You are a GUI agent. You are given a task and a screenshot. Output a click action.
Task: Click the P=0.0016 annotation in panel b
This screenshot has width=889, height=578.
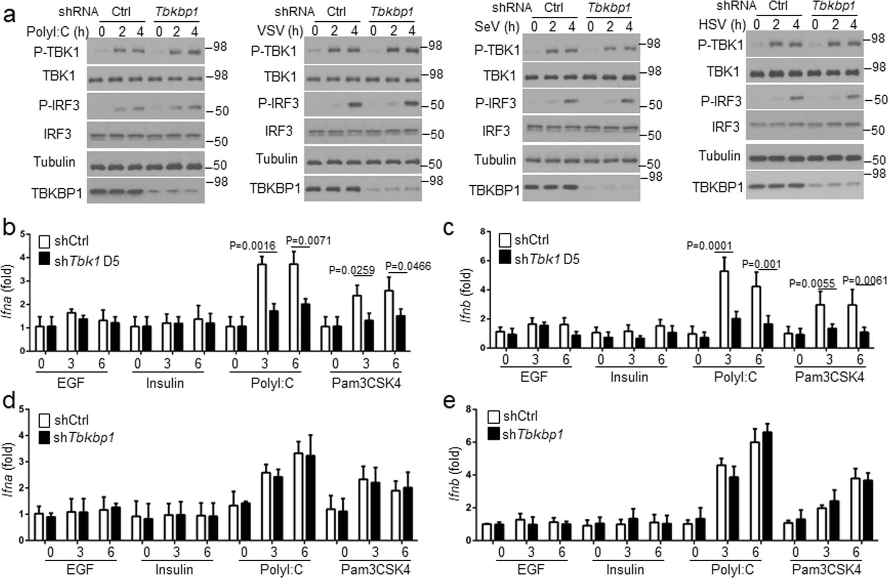[x=253, y=246]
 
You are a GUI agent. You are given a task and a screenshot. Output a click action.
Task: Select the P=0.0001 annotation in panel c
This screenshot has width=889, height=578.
[x=710, y=246]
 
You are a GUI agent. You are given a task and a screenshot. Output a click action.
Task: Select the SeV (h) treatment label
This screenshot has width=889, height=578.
[x=496, y=27]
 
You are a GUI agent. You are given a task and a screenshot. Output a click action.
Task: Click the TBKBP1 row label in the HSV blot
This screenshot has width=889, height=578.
[x=718, y=188]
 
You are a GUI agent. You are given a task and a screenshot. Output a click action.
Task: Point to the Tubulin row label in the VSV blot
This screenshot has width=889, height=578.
[x=277, y=159]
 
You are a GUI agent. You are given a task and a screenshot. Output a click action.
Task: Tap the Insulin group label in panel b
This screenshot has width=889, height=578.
[x=165, y=383]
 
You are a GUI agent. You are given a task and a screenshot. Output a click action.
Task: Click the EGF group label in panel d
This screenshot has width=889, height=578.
[x=80, y=570]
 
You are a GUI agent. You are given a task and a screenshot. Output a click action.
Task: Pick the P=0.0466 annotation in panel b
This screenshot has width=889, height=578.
[x=408, y=266]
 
